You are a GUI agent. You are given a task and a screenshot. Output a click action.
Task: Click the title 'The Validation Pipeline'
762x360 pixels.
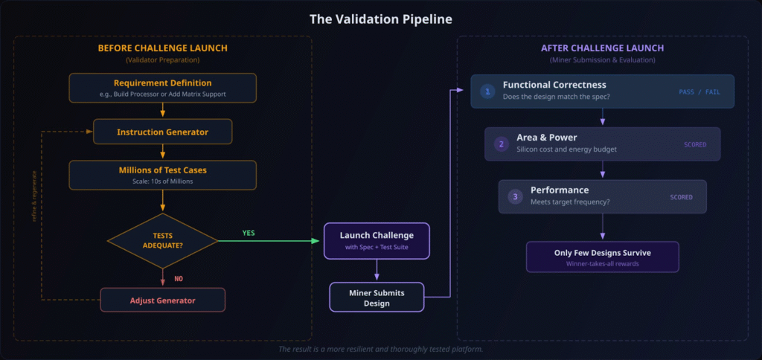click(x=380, y=19)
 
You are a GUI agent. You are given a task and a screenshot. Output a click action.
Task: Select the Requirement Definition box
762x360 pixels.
click(x=162, y=88)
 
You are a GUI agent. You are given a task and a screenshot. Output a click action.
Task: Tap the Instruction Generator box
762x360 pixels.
click(x=162, y=132)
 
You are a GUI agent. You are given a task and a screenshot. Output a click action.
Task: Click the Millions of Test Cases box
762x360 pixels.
click(x=162, y=175)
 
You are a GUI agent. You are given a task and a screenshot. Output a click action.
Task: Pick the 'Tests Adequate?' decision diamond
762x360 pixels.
click(x=162, y=240)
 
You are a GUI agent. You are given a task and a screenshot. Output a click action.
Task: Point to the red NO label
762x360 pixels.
click(x=179, y=279)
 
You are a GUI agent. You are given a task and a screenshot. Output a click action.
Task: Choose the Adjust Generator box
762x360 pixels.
click(x=162, y=300)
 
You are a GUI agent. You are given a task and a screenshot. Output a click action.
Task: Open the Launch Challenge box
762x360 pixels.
click(x=377, y=241)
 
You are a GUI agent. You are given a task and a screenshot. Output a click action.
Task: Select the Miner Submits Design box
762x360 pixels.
click(x=377, y=297)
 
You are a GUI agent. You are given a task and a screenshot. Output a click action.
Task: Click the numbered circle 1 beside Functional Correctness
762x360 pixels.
click(x=487, y=91)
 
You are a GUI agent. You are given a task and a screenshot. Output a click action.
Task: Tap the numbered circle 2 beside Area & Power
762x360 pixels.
click(x=502, y=144)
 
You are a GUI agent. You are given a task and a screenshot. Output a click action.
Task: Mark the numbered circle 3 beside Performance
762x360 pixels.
click(x=515, y=197)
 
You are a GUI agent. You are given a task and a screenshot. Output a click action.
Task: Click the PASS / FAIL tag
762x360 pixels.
click(x=699, y=92)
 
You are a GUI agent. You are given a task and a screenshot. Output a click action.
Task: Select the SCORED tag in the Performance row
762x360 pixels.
click(x=681, y=197)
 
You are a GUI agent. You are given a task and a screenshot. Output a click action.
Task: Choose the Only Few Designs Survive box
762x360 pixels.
click(x=602, y=257)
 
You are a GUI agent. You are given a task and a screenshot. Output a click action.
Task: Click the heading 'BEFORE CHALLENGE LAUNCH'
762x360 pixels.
click(x=163, y=48)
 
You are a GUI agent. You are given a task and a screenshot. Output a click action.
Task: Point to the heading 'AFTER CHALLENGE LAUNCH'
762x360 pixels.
click(x=601, y=48)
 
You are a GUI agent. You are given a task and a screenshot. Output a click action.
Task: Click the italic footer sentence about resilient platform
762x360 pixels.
click(x=380, y=349)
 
